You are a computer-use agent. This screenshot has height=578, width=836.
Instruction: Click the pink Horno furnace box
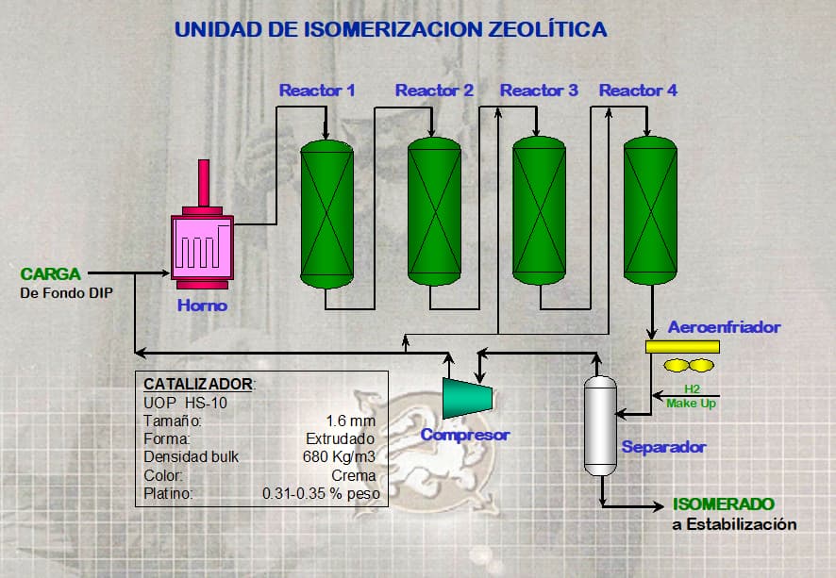[202, 247]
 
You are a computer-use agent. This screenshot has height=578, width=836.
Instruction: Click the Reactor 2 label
[434, 91]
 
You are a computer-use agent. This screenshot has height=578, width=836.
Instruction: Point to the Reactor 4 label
[638, 91]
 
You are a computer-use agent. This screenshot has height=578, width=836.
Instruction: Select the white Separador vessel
[599, 425]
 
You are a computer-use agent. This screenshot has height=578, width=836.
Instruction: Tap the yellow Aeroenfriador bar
[682, 346]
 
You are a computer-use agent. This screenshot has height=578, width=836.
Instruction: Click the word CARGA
[51, 273]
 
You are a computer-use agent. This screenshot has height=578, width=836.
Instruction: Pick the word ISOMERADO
[724, 504]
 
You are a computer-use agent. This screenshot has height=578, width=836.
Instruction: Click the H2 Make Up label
[692, 397]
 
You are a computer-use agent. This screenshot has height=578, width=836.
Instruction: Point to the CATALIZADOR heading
[197, 384]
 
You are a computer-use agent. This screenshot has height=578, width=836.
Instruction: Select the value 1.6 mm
[350, 421]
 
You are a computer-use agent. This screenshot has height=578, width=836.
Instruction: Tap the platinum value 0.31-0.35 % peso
[321, 493]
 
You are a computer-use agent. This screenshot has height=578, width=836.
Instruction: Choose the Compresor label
[465, 435]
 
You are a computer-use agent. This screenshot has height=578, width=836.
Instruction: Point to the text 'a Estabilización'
[734, 524]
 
